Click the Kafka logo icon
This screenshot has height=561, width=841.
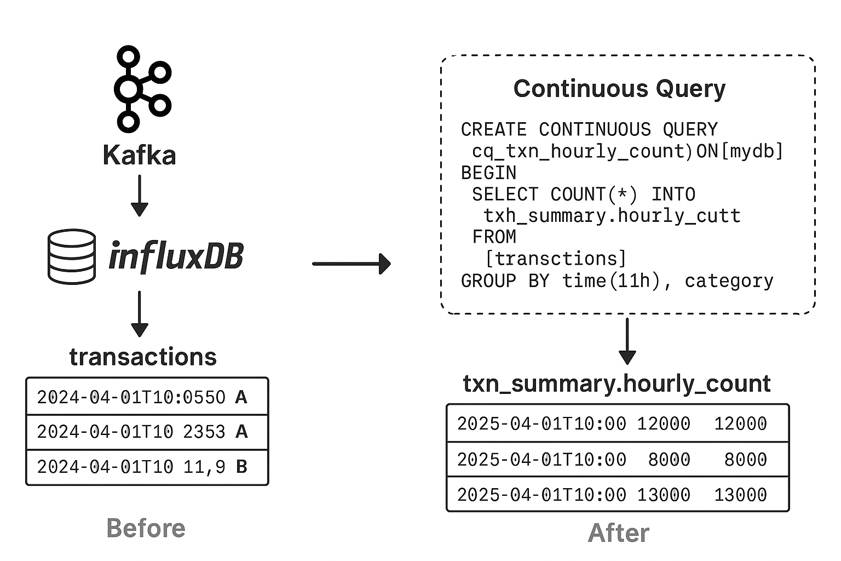pos(142,89)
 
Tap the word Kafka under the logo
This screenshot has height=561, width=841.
pos(139,155)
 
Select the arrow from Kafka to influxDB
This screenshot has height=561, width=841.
pos(140,196)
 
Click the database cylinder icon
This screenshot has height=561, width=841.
pos(72,256)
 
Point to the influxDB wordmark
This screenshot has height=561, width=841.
pos(176,256)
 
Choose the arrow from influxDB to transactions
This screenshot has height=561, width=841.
pos(140,314)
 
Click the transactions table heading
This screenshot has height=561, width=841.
pos(143,357)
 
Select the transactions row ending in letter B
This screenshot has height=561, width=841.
pos(147,467)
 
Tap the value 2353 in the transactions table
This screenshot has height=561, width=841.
pos(204,432)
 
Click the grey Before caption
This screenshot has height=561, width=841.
pos(146,529)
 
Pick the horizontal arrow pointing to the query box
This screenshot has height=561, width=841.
pos(352,264)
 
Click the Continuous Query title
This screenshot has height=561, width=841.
pos(619,89)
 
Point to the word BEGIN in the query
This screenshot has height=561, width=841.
pos(488,173)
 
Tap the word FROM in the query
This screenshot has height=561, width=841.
pos(494,237)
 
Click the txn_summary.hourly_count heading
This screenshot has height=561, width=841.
pos(617,383)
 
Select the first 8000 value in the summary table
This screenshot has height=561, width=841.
pos(669,460)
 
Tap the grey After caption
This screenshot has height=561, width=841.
pos(619,533)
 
